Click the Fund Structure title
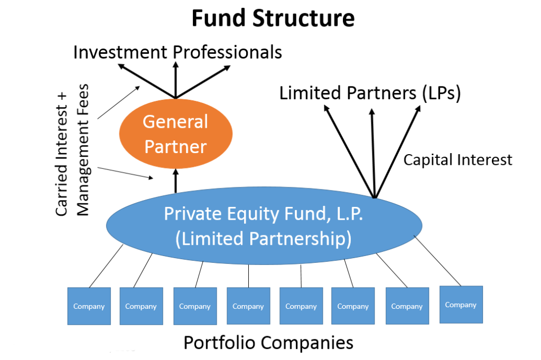pyautogui.click(x=272, y=18)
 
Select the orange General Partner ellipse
pyautogui.click(x=175, y=134)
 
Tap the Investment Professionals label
pyautogui.click(x=178, y=52)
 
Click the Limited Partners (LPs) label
pyautogui.click(x=370, y=93)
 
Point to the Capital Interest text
pyautogui.click(x=458, y=159)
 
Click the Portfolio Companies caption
pyautogui.click(x=268, y=343)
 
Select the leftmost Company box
pyautogui.click(x=89, y=306)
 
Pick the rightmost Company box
pyautogui.click(x=461, y=305)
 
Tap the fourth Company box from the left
pyautogui.click(x=248, y=306)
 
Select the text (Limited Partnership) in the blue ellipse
pyautogui.click(x=263, y=239)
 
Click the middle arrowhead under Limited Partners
pyautogui.click(x=371, y=112)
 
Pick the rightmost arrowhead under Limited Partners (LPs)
pyautogui.click(x=418, y=109)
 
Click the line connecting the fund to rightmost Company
pyautogui.click(x=439, y=261)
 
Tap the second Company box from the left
pyautogui.click(x=141, y=306)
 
